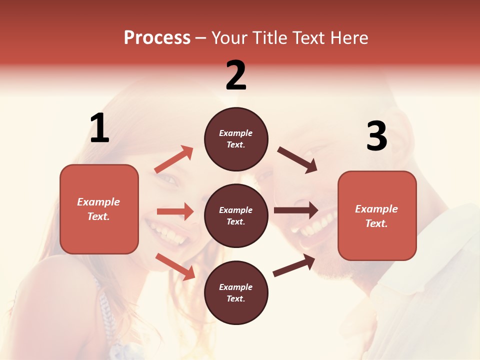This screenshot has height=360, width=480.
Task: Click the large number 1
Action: [x=99, y=128]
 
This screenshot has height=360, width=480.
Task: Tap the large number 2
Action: [x=236, y=75]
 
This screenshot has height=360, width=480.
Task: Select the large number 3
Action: [x=376, y=136]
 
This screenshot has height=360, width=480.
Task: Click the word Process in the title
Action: [x=157, y=38]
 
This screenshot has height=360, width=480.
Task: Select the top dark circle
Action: [x=236, y=139]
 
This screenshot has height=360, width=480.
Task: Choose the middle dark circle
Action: [x=236, y=215]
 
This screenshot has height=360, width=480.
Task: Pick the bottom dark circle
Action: [x=236, y=292]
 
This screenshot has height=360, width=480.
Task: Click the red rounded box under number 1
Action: [x=99, y=209]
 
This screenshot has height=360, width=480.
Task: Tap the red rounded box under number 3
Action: [x=377, y=215]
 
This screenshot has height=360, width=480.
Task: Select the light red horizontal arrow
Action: [x=175, y=211]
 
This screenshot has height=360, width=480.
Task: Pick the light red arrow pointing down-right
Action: [x=175, y=266]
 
